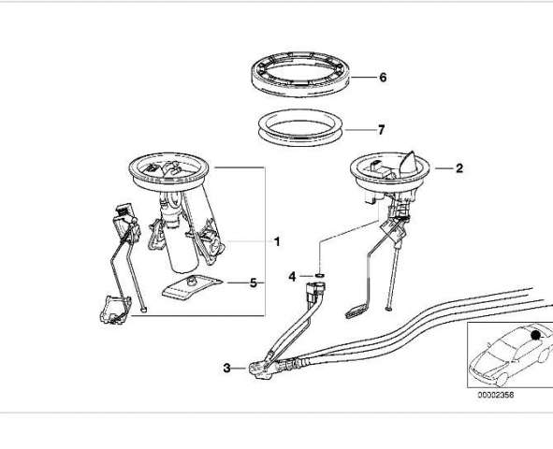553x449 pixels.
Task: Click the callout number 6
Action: point(383,78)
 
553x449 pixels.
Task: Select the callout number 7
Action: point(381,130)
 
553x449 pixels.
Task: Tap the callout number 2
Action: point(458,168)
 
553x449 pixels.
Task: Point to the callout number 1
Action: point(277,241)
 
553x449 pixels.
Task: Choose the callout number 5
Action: point(254,282)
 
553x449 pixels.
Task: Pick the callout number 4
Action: point(292,277)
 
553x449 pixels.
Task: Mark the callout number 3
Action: point(226,368)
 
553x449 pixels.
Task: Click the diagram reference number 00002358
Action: point(496,395)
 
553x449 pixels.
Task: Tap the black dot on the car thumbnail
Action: point(536,335)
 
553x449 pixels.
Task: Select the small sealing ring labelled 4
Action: point(319,275)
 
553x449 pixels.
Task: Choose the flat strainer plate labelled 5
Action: point(192,287)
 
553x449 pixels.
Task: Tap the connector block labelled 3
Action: point(260,369)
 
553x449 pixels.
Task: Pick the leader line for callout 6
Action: point(363,78)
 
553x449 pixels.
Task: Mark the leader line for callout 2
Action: point(444,168)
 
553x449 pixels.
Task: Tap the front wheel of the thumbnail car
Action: point(502,379)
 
